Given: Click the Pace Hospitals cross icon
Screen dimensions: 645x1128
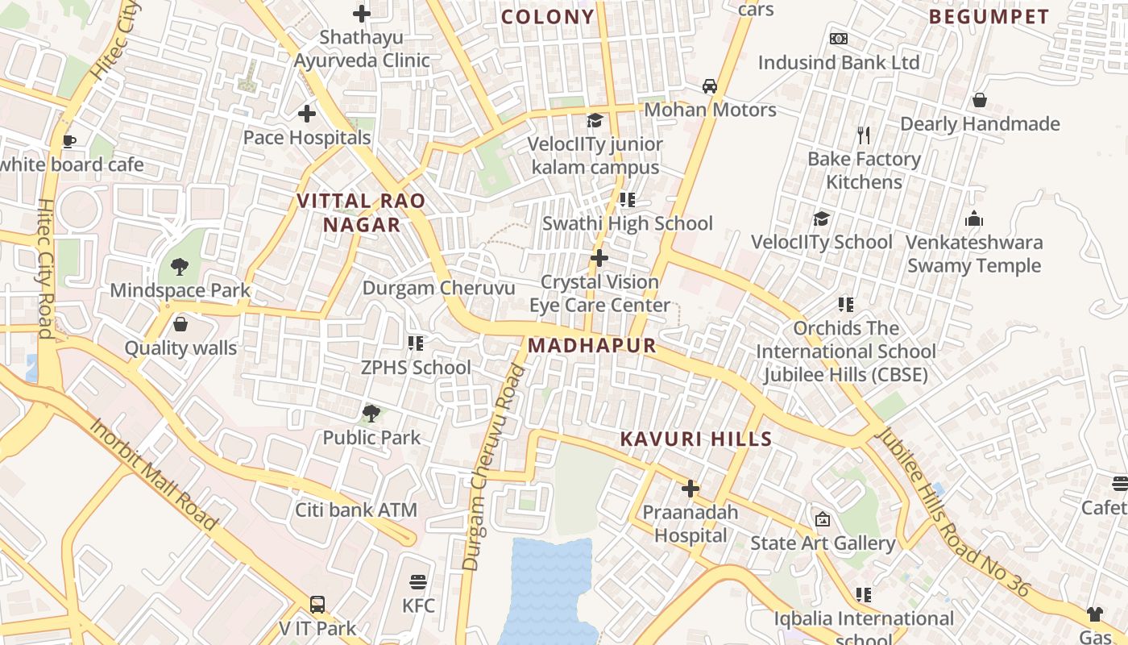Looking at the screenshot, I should [307, 114].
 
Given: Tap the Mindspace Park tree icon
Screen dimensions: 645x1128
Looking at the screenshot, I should [180, 266].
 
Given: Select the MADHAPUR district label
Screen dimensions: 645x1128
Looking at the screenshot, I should [592, 346].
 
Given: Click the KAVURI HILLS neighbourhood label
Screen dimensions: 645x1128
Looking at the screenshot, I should [696, 439].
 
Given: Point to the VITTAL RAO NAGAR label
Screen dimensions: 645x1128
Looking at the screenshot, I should [362, 213].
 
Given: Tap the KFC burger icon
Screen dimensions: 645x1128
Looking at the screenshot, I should [417, 582].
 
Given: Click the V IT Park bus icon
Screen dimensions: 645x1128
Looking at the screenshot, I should [317, 605].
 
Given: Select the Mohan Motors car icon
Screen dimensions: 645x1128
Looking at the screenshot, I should [710, 85].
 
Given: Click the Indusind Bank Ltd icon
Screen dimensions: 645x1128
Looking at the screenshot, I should [839, 39].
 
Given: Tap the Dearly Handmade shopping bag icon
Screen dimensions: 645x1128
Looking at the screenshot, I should [980, 100].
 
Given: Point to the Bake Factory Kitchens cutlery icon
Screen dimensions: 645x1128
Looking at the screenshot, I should [864, 135].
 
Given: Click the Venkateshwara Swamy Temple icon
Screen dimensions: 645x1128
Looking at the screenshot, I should [974, 218].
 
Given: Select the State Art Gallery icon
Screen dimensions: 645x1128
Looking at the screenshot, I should [823, 519].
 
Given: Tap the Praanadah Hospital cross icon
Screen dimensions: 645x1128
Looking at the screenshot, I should [690, 489].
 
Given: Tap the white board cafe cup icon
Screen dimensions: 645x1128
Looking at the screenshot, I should [69, 141].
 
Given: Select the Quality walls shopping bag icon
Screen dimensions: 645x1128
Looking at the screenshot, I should [180, 324].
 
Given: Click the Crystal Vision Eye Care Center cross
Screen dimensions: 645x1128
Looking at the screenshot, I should [599, 258].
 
